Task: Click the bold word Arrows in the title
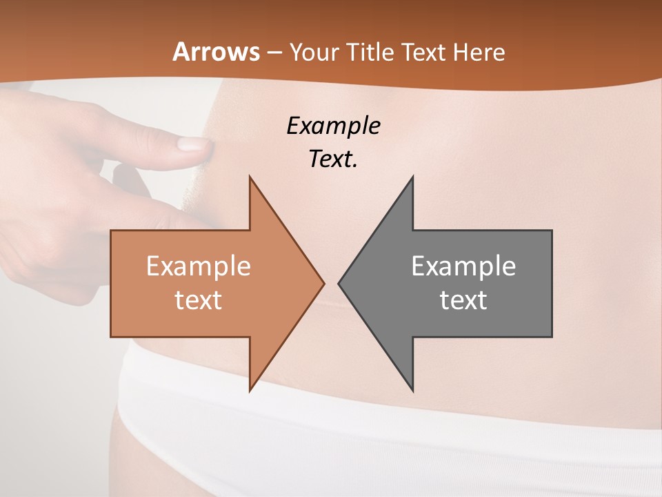pyautogui.click(x=216, y=52)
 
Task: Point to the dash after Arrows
pyautogui.click(x=274, y=52)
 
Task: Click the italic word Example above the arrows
pyautogui.click(x=333, y=126)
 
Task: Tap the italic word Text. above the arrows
pyautogui.click(x=333, y=159)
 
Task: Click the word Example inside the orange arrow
pyautogui.click(x=198, y=266)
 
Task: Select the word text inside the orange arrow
pyautogui.click(x=198, y=300)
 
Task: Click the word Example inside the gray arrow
pyautogui.click(x=463, y=266)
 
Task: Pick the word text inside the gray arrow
pyautogui.click(x=463, y=300)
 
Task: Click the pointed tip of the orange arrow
pyautogui.click(x=323, y=283)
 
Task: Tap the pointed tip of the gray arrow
pyautogui.click(x=339, y=283)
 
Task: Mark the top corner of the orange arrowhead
pyautogui.click(x=250, y=177)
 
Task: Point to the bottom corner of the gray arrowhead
pyautogui.click(x=412, y=390)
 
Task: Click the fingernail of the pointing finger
pyautogui.click(x=193, y=144)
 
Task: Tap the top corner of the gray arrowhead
pyautogui.click(x=412, y=177)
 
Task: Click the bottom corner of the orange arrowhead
pyautogui.click(x=250, y=390)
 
